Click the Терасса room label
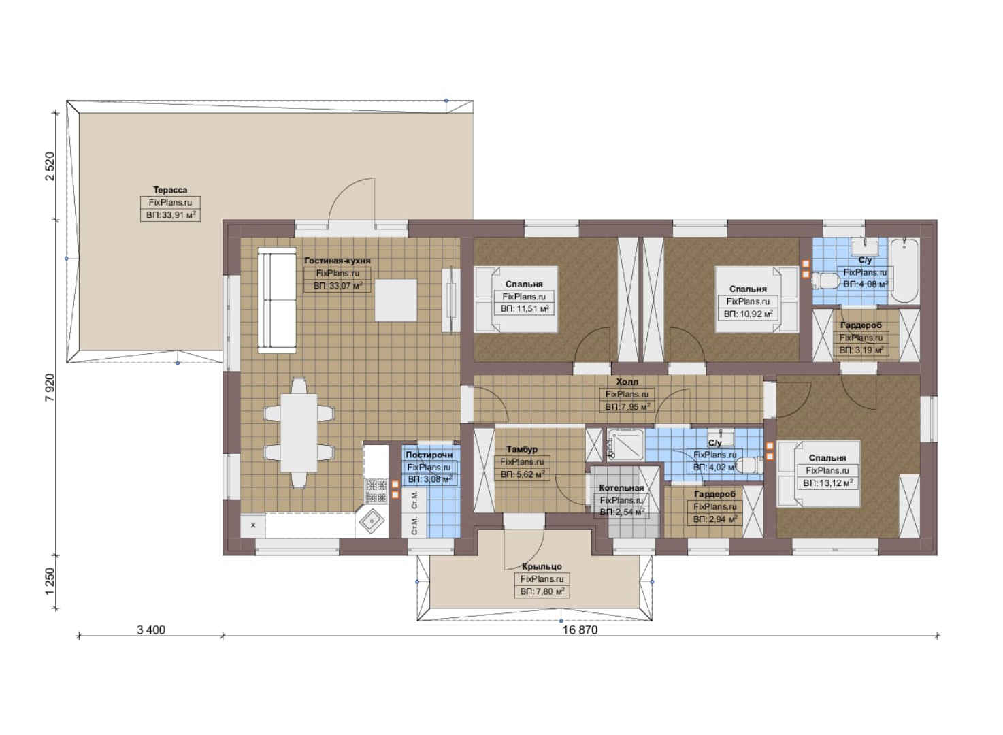coord(170,190)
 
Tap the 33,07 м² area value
coord(344,286)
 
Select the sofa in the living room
coord(277,301)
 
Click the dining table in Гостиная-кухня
coord(299,433)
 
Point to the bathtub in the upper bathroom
coord(904,271)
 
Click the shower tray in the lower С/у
coord(625,444)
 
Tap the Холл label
coord(627,382)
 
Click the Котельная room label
coord(621,488)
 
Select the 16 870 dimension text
coord(580,630)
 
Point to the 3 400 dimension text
coord(151,630)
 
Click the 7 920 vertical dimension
coord(50,387)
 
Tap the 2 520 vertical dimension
coord(50,166)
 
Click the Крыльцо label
coord(542,567)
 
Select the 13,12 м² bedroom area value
coord(834,483)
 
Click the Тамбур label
coord(522,448)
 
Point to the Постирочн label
coord(429,455)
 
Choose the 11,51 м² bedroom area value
coord(530,309)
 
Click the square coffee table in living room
coord(396,300)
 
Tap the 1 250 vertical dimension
coord(50,582)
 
